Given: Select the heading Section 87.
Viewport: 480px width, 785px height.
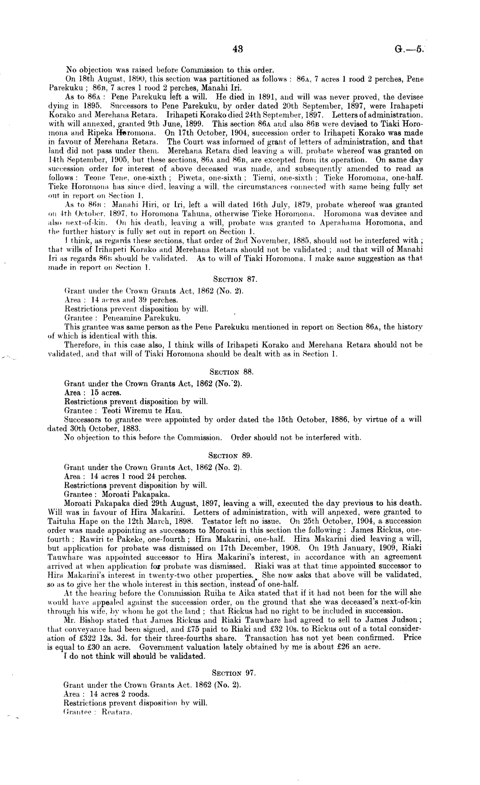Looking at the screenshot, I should tap(235, 280).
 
